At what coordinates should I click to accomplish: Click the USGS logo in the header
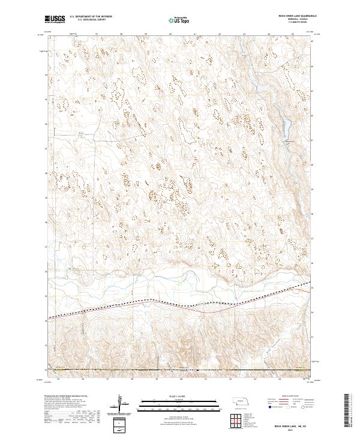click(x=55, y=19)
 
